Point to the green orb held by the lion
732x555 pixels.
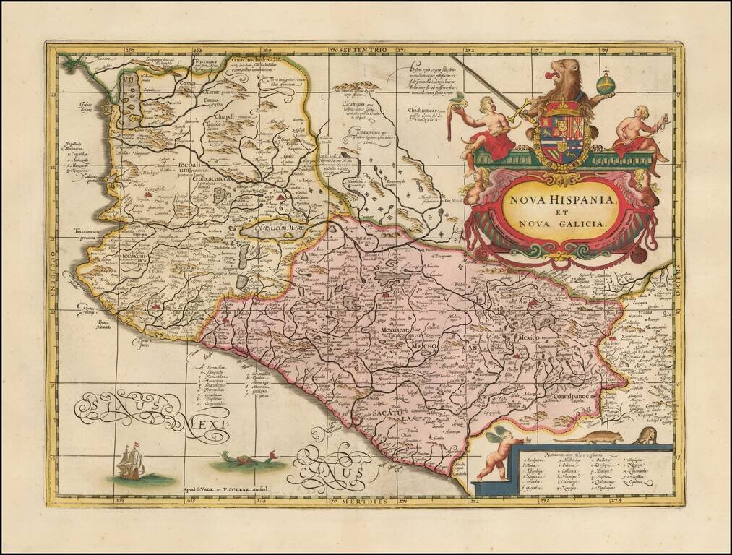[606, 85]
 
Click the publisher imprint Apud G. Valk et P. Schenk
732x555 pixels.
[225, 489]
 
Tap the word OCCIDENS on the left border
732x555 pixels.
[53, 275]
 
